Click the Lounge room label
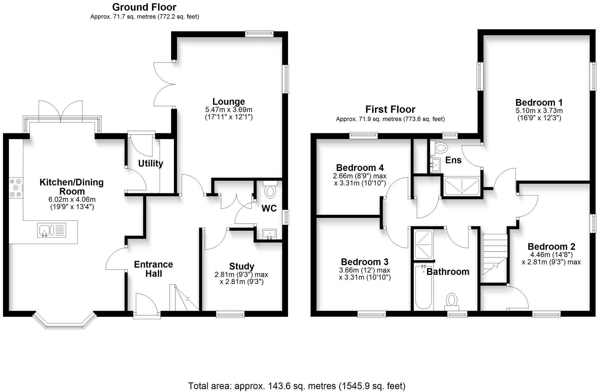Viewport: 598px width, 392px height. click(x=229, y=102)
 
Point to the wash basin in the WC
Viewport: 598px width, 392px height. click(x=269, y=234)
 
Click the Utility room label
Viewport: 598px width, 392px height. click(x=151, y=163)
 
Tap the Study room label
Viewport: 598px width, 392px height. click(x=241, y=266)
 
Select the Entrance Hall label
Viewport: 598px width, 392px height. click(x=153, y=269)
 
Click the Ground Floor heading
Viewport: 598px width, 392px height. click(x=144, y=7)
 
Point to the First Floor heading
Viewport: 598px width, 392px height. click(x=390, y=109)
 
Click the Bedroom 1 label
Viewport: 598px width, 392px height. click(x=539, y=102)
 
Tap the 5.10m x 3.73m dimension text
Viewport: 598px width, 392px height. click(x=539, y=111)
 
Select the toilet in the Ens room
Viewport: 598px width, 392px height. click(x=439, y=147)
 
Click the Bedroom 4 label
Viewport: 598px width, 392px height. click(x=360, y=168)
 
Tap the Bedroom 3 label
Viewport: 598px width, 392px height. click(x=365, y=262)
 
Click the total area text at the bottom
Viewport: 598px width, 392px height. click(x=297, y=386)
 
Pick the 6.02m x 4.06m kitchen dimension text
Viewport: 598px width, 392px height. click(x=72, y=199)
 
